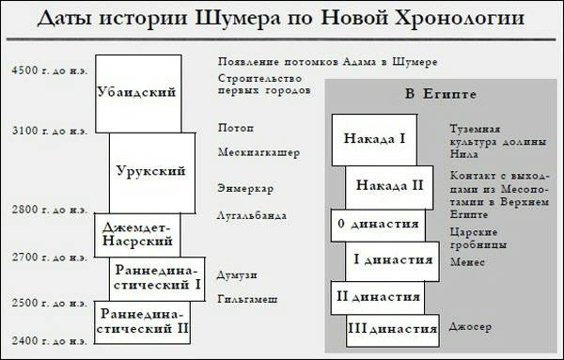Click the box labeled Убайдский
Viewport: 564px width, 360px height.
point(138,92)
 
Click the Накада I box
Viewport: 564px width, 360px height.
point(374,139)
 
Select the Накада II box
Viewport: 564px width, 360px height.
point(390,183)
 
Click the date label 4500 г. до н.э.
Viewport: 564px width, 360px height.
point(47,70)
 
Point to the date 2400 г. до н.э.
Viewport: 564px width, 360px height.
point(47,339)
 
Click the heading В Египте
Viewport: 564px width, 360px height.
point(439,94)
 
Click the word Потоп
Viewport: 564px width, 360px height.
point(236,127)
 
